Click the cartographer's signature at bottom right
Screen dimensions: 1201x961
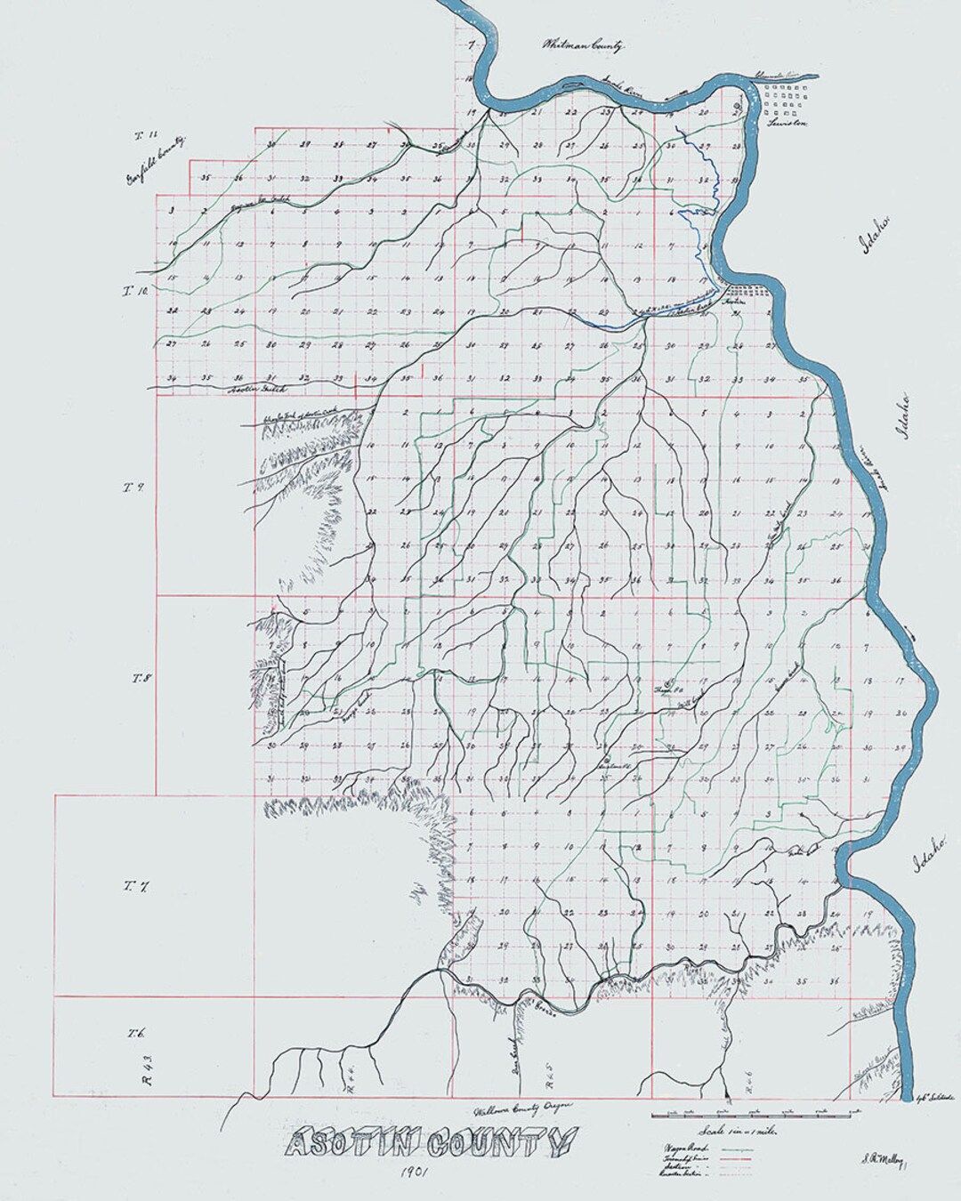[x=881, y=1158]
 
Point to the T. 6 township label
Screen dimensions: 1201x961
[x=135, y=1033]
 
